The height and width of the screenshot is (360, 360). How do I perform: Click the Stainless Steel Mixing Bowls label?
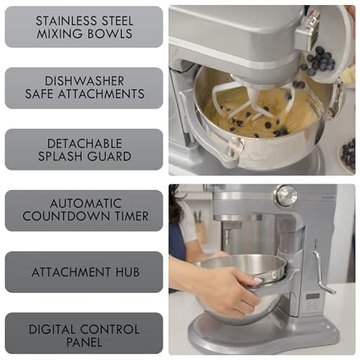coord(84,27)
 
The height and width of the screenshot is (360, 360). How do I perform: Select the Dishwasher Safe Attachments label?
coord(84,88)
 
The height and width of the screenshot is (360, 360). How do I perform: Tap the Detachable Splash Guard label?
coord(84,149)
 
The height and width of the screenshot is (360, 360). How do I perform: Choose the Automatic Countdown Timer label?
coord(84,210)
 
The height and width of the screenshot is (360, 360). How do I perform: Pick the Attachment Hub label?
coord(84,272)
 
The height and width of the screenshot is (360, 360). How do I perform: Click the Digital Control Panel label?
coord(84,333)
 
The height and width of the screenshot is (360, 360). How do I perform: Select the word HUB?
coord(125,272)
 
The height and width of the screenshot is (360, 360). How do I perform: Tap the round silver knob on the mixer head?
coord(286,195)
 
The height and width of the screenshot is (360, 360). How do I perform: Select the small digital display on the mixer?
coord(312,297)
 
